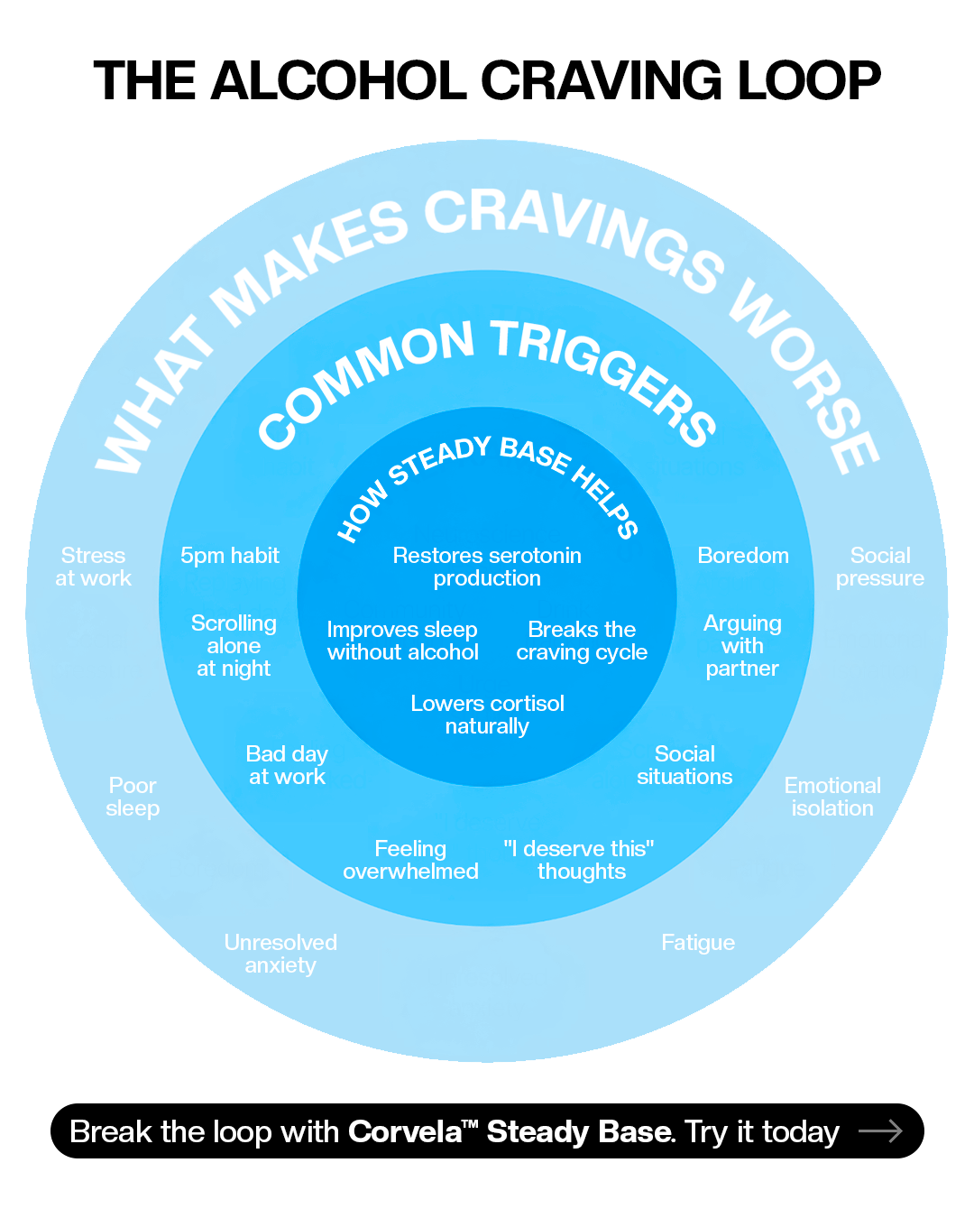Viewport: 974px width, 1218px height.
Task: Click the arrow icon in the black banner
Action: (880, 1131)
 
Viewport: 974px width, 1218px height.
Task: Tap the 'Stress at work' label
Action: (94, 567)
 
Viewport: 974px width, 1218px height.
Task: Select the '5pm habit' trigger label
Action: (230, 556)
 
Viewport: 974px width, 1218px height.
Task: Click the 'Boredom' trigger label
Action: (743, 555)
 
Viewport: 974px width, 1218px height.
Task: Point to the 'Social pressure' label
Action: (880, 567)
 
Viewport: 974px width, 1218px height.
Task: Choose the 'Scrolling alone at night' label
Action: (234, 646)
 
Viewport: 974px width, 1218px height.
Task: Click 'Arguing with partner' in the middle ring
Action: (742, 646)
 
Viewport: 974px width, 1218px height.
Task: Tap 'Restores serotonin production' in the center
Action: (487, 567)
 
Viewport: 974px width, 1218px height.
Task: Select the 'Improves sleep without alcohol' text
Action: (402, 641)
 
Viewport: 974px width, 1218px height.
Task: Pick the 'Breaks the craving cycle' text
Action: (582, 641)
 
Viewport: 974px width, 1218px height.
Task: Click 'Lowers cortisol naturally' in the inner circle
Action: (487, 715)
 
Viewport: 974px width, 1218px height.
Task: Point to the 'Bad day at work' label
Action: (288, 765)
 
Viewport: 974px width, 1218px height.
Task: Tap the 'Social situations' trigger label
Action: (685, 765)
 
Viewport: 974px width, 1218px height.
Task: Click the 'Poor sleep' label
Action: (133, 797)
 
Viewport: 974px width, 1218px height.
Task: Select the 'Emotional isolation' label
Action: (832, 797)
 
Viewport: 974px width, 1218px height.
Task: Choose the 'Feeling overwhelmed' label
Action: (411, 861)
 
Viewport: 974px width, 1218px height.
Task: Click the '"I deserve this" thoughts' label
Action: (579, 861)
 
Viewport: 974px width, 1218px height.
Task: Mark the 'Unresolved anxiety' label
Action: (280, 955)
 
